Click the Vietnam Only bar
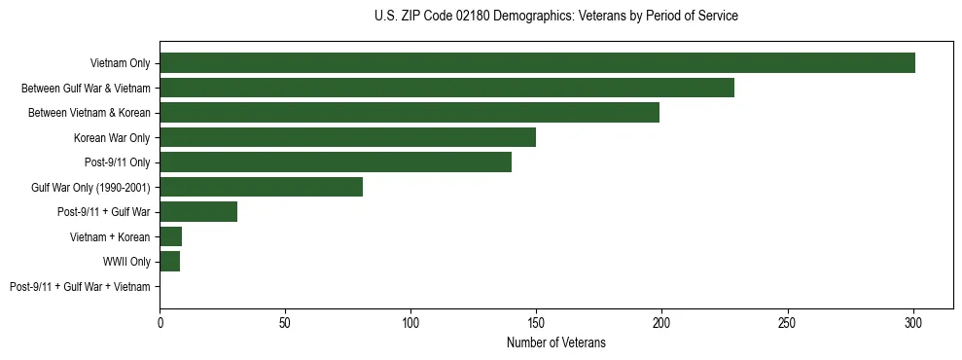[x=537, y=63]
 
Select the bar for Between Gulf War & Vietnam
[x=446, y=88]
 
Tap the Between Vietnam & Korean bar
[x=410, y=113]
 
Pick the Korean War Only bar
[x=347, y=137]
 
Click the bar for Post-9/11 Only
[x=336, y=162]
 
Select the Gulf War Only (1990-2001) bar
[x=261, y=187]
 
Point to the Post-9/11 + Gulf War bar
[x=198, y=212]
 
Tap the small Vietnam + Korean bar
[x=171, y=236]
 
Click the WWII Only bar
[x=169, y=262]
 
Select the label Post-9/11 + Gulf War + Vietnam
[x=80, y=287]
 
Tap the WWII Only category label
[x=126, y=262]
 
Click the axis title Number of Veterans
[x=555, y=342]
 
